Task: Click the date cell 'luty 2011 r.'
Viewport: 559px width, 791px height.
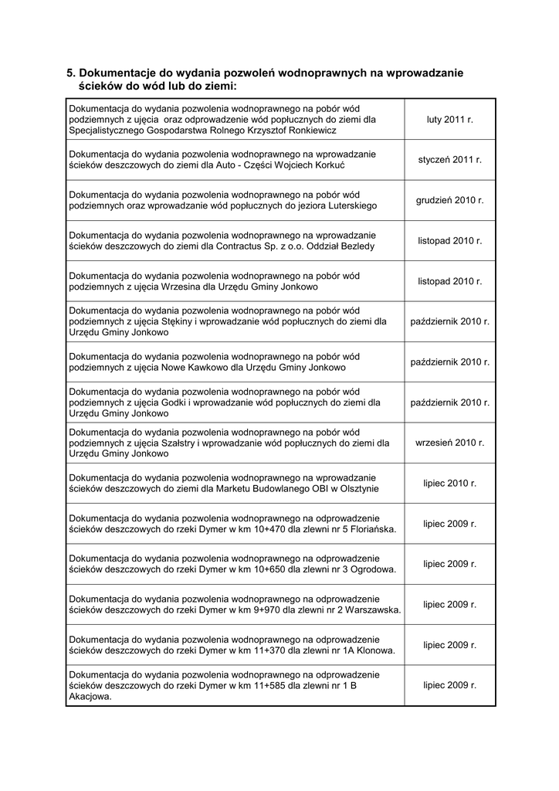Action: point(449,120)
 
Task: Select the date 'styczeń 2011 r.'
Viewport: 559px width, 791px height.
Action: point(449,160)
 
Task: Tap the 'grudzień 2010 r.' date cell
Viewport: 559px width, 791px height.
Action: point(449,200)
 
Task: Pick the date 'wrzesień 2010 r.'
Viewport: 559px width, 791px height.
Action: point(449,443)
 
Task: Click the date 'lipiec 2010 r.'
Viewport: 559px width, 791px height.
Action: point(449,483)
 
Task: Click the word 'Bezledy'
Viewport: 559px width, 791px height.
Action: point(355,246)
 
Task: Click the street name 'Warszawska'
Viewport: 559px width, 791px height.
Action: point(373,609)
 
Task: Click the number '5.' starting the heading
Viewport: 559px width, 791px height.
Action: point(72,73)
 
